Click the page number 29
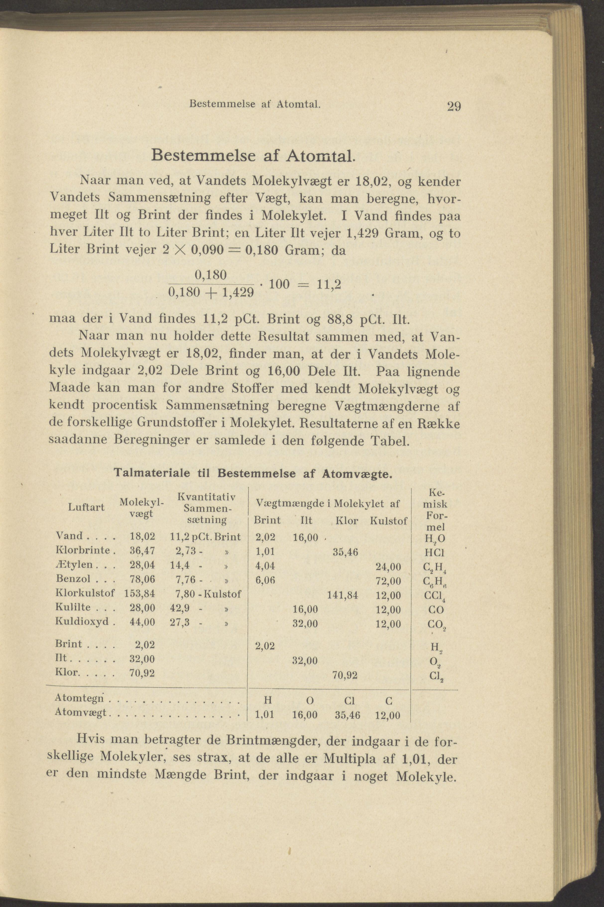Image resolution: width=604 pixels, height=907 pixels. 454,106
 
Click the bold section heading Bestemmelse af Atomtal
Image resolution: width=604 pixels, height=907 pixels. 252,155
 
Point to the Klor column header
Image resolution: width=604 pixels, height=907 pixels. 347,521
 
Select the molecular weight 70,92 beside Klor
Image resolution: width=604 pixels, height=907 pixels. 142,674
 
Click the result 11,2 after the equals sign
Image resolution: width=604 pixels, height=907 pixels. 328,284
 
